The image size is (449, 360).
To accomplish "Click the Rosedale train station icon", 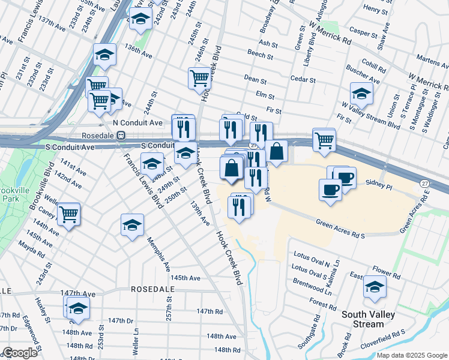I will pyautogui.click(x=121, y=136).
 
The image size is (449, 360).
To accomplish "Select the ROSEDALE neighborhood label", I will pyautogui.click(x=152, y=289).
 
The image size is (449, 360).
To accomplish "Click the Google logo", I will pyautogui.click(x=20, y=353).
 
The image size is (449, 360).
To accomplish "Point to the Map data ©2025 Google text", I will pyautogui.click(x=411, y=355).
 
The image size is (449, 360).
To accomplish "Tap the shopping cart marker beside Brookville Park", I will pyautogui.click(x=69, y=213).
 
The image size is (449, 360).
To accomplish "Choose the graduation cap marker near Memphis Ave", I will pyautogui.click(x=132, y=225).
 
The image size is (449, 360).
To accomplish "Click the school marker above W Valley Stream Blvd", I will pyautogui.click(x=361, y=93).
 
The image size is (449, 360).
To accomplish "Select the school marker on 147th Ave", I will pyautogui.click(x=78, y=308).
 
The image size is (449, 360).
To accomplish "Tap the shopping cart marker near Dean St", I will pyautogui.click(x=199, y=77).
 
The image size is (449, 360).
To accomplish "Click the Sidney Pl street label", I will pyautogui.click(x=379, y=187).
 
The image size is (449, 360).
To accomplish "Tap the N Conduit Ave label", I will pyautogui.click(x=138, y=122).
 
